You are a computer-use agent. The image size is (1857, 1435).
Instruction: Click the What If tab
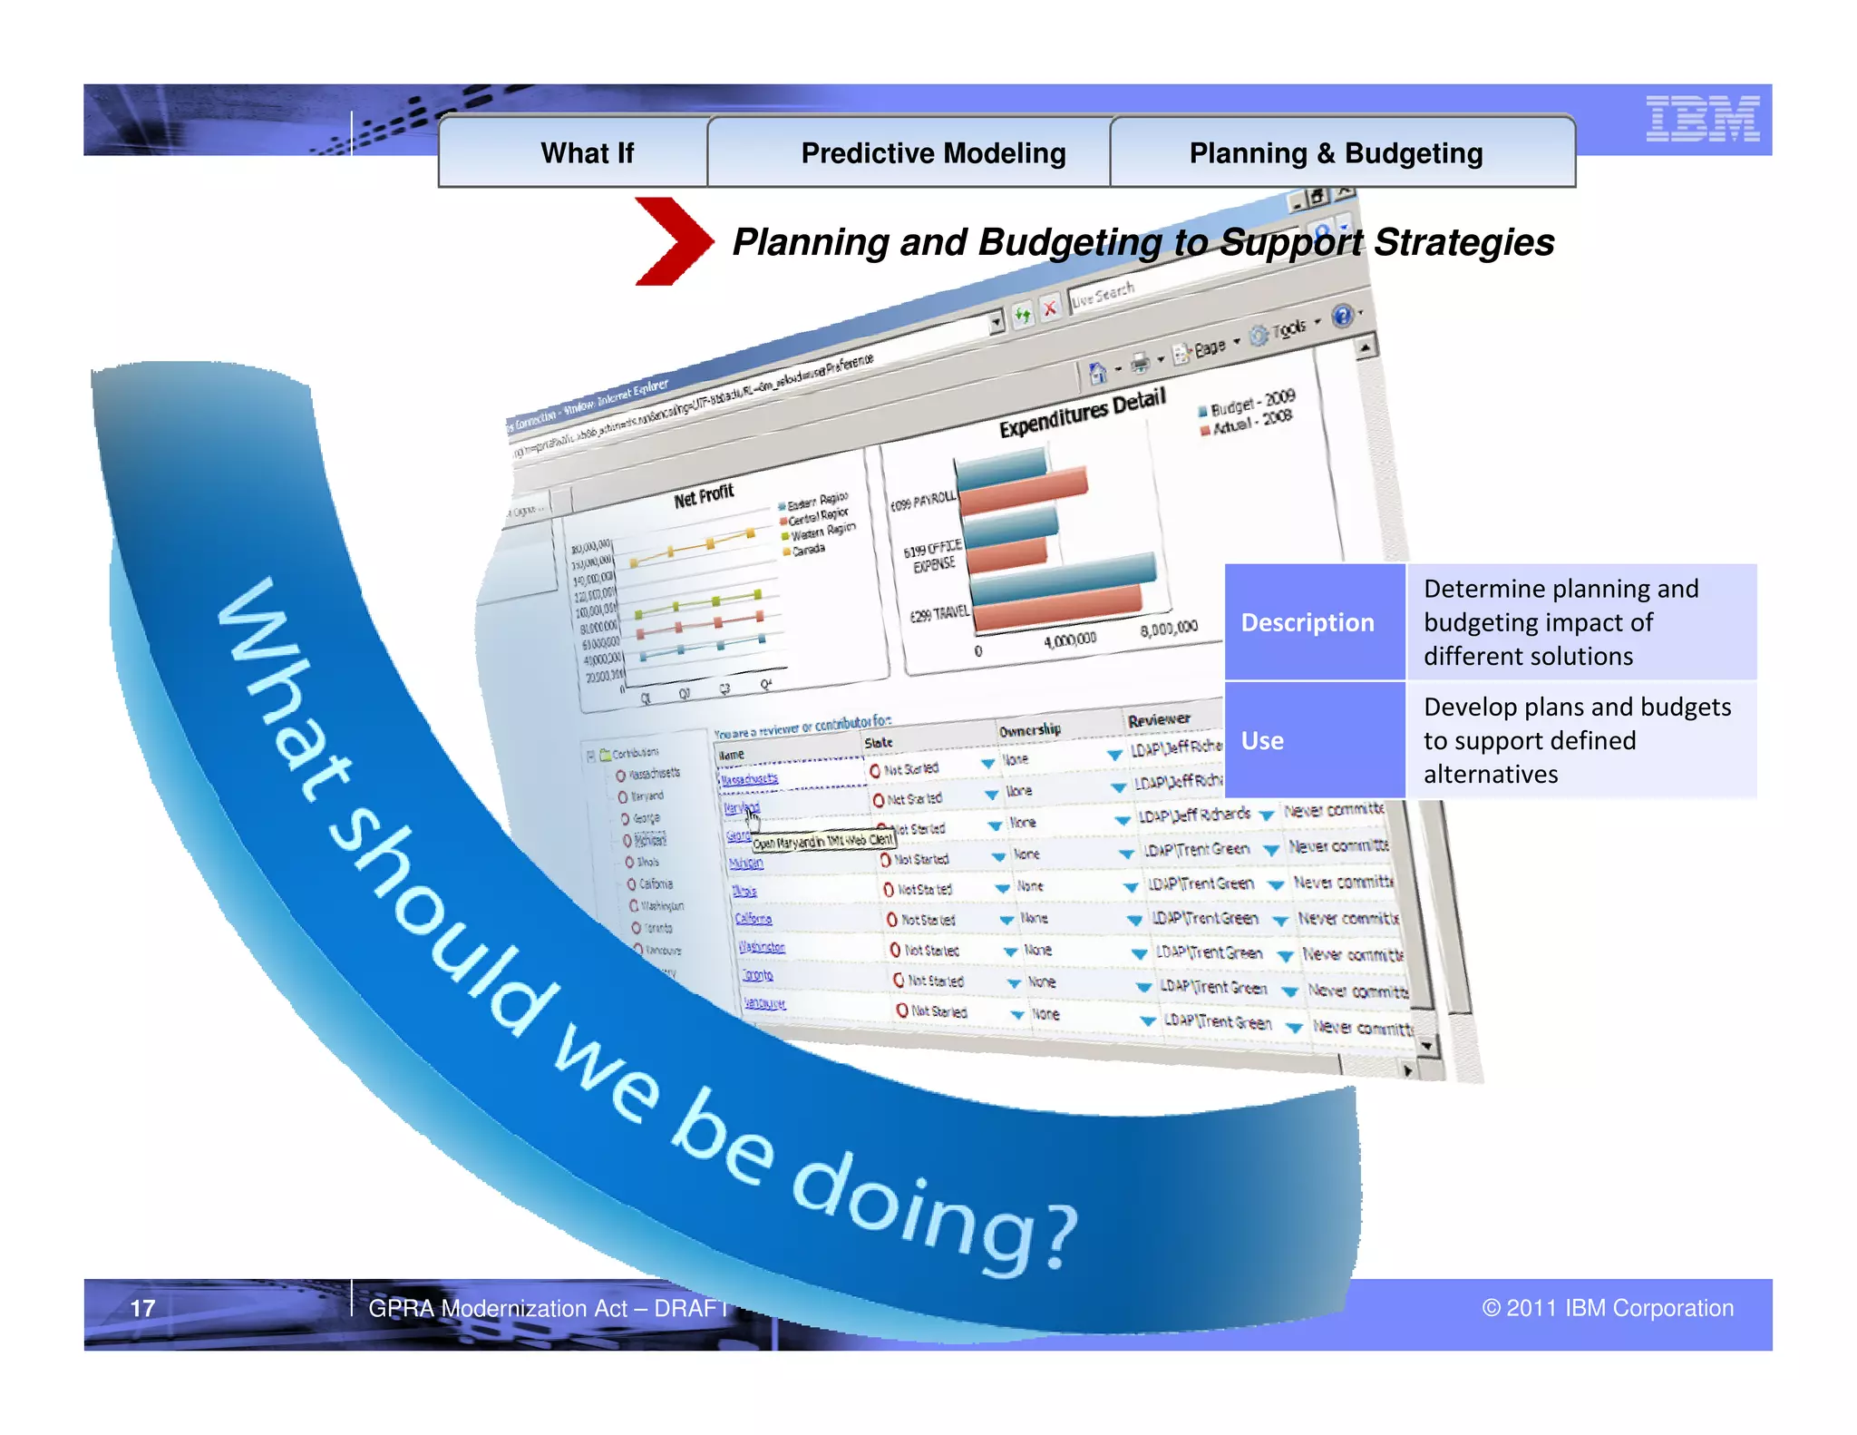click(587, 153)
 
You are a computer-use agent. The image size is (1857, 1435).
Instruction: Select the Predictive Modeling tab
click(933, 153)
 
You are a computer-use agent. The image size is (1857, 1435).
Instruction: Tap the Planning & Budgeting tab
click(1336, 153)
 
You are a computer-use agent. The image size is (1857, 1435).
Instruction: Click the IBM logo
click(1702, 119)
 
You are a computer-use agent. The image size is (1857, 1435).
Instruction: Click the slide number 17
click(142, 1308)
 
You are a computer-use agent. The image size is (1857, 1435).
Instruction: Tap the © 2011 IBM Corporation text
click(1608, 1308)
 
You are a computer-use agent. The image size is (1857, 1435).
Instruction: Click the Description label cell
click(1308, 622)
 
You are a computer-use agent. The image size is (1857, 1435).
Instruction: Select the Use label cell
click(1262, 740)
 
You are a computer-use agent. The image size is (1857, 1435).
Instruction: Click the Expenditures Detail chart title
click(1082, 414)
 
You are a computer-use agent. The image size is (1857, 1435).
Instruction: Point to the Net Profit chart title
click(704, 496)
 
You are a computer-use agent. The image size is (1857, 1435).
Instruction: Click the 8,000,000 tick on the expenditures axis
click(1169, 629)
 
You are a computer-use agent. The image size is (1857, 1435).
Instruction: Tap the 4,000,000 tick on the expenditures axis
click(1070, 640)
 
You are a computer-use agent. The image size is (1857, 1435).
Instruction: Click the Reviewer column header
click(1159, 719)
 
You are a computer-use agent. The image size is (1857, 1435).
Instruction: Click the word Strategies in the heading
click(1463, 242)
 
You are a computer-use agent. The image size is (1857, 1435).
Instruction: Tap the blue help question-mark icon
click(1342, 316)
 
